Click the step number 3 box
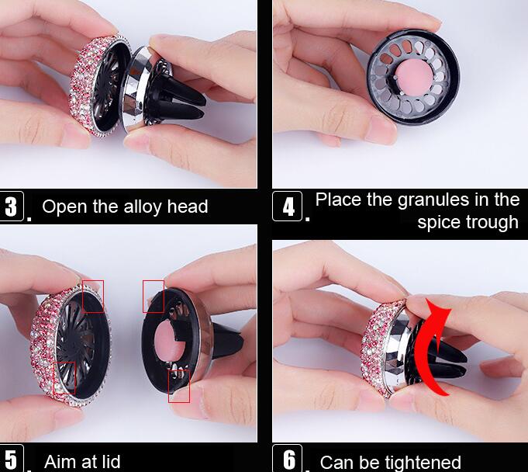coord(12,206)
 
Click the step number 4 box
coord(288,207)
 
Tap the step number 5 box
coord(11,458)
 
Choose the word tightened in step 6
coord(423,462)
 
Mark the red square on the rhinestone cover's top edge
coord(93,296)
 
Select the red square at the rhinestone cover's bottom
coord(64,377)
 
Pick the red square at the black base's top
coord(154,296)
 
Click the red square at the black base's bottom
coord(179,386)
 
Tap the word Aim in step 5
coord(59,461)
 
